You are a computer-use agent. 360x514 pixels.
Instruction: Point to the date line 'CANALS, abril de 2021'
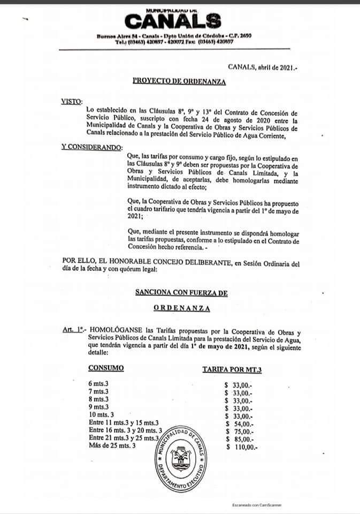(262, 66)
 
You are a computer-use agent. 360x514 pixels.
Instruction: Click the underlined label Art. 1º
(74, 331)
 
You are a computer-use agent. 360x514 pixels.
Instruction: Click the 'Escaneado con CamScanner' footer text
(257, 505)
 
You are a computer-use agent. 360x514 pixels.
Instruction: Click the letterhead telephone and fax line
(174, 42)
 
